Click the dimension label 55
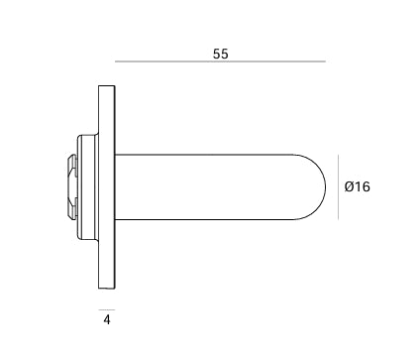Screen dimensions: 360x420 [x=220, y=55]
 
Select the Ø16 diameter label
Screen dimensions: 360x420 [x=357, y=186]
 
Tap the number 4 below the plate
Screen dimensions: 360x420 [x=106, y=320]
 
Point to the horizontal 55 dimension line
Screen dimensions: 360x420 [x=220, y=61]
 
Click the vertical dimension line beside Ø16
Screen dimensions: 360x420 [x=340, y=186]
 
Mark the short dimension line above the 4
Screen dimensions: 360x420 [x=106, y=309]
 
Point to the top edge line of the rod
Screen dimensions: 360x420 [x=208, y=153]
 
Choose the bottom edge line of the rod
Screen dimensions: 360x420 [x=208, y=220]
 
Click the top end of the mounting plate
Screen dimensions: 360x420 [x=106, y=89]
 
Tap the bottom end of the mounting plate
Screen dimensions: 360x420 [x=106, y=287]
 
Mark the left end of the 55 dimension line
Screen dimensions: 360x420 [x=116, y=61]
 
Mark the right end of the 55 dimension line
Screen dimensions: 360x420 [x=325, y=61]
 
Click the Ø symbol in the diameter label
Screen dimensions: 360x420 [x=350, y=186]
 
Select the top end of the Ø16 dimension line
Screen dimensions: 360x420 [x=340, y=154]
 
